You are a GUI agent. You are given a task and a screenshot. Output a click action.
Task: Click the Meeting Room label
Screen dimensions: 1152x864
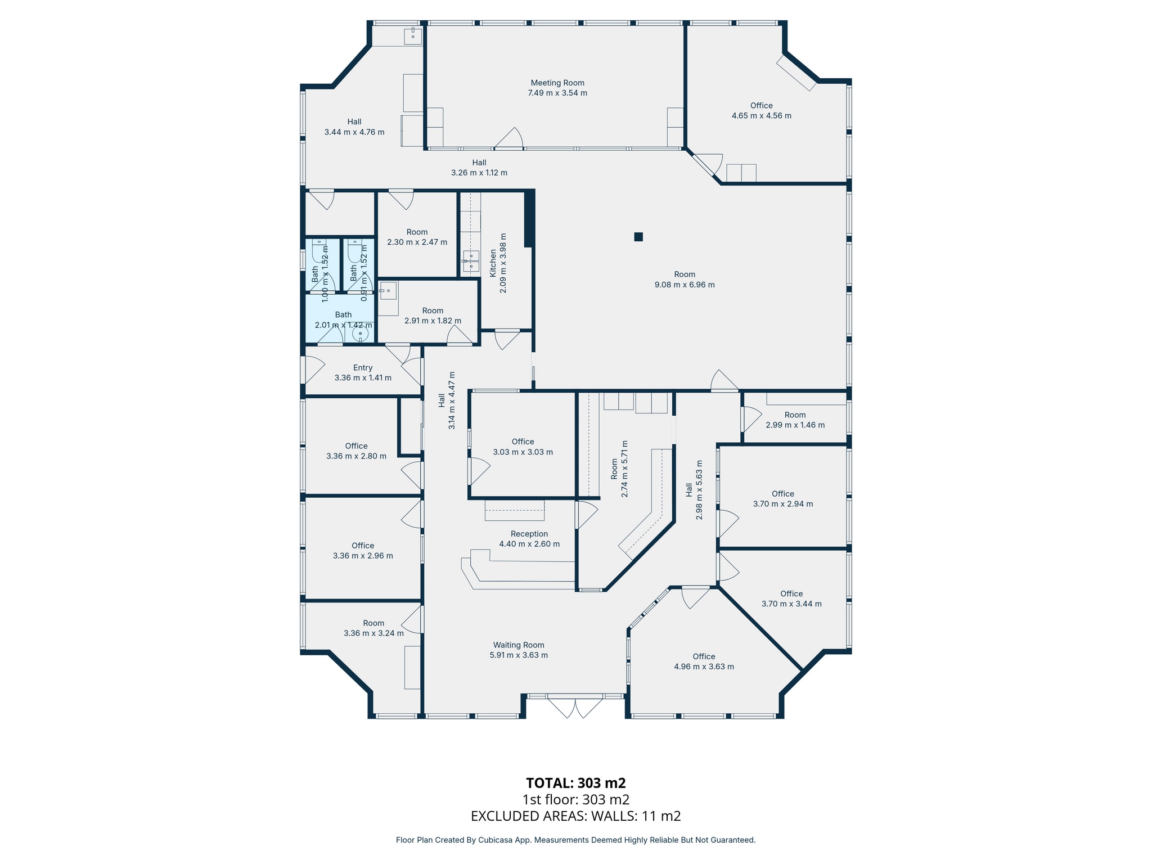pos(557,83)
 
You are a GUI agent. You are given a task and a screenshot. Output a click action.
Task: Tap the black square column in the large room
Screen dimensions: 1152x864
pos(638,237)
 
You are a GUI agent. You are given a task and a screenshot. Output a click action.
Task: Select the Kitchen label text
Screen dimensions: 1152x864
pos(493,263)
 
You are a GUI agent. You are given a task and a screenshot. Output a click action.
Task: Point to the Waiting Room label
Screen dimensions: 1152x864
pos(519,645)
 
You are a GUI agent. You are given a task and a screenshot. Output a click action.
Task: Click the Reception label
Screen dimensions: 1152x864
pos(529,534)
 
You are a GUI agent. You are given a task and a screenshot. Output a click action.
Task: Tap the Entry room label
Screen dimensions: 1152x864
pos(363,368)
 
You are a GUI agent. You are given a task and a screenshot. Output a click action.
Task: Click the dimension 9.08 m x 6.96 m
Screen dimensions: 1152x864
pos(685,285)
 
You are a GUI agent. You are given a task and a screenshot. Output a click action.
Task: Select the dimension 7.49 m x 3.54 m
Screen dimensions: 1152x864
pos(557,93)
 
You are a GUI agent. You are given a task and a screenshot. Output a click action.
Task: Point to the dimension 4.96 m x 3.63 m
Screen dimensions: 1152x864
pos(704,667)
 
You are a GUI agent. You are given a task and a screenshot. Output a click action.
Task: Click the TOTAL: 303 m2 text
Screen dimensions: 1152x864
pos(576,783)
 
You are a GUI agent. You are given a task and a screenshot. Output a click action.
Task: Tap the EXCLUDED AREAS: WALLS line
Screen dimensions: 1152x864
pos(576,816)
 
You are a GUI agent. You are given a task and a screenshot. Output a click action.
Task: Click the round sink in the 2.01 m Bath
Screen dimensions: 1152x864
pos(361,334)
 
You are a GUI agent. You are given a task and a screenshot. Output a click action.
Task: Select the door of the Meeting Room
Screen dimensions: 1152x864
pos(509,138)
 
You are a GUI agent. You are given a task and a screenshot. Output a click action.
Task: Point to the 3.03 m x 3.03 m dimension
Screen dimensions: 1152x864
pos(523,452)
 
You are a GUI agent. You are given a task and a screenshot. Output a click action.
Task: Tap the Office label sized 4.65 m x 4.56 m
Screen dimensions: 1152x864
pos(762,106)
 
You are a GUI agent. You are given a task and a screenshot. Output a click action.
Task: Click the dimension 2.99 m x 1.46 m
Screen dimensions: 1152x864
pos(795,425)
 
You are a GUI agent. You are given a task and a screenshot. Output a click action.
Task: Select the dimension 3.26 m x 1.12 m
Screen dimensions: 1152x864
pos(479,173)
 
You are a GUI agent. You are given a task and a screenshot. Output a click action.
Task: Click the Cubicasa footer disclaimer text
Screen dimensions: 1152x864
pos(576,840)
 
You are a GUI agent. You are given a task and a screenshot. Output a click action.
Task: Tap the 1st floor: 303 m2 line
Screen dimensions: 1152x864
pos(576,800)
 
